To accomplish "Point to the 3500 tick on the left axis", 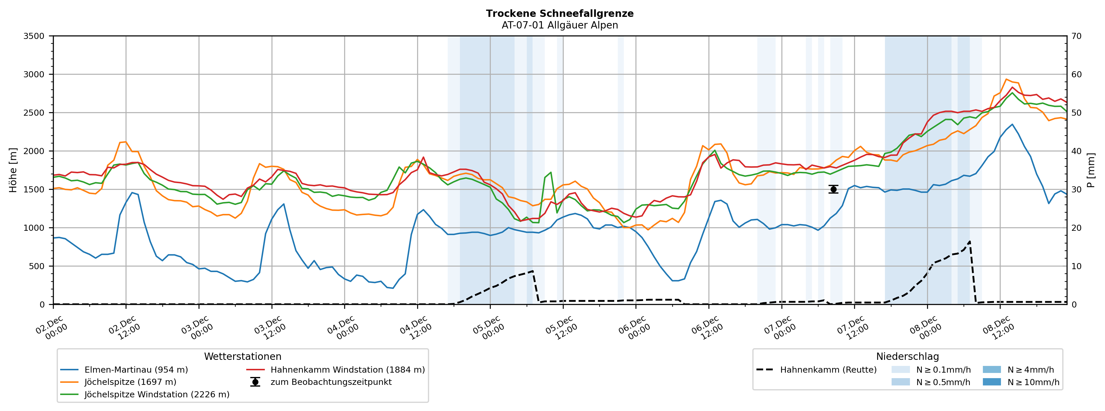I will (34, 36).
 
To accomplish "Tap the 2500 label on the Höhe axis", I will (34, 113).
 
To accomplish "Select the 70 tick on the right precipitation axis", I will (1076, 36).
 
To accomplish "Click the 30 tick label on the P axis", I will (1076, 190).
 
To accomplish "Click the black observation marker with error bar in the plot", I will (833, 189).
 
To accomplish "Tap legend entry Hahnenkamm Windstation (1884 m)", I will (347, 370).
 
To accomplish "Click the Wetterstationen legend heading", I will (242, 357).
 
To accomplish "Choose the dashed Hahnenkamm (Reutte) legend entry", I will (828, 370).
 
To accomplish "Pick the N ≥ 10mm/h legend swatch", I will (992, 382).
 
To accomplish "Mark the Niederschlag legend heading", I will (907, 357).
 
